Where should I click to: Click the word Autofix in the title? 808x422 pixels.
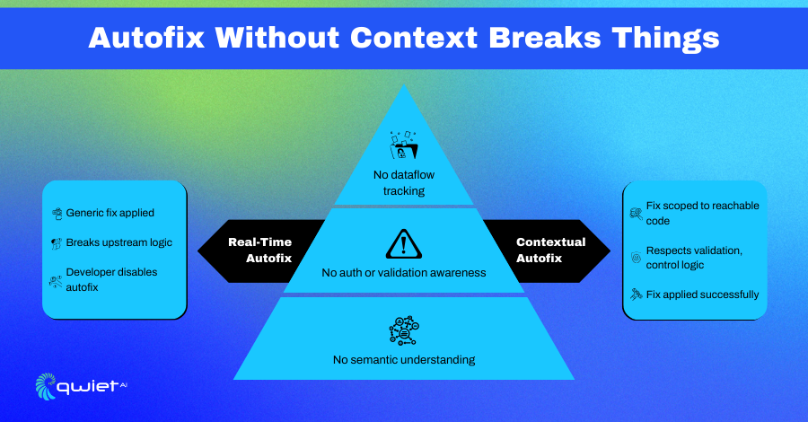[x=147, y=38]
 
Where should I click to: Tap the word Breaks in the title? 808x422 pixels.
[x=545, y=38]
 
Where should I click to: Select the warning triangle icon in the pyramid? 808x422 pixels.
[x=404, y=244]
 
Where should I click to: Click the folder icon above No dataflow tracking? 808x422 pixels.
[x=404, y=145]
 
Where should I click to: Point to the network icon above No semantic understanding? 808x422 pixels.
[x=404, y=330]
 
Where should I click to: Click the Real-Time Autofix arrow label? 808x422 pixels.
[x=260, y=250]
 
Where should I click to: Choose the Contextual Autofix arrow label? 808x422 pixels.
[x=551, y=250]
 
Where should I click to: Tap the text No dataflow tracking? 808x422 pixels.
[x=404, y=183]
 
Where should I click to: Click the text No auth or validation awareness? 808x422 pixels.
[x=404, y=273]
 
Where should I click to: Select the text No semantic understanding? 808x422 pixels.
[x=404, y=360]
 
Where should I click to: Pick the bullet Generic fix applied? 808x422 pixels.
[x=110, y=213]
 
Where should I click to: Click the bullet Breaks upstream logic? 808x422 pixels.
[x=119, y=242]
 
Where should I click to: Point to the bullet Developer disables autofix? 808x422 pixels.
[x=112, y=279]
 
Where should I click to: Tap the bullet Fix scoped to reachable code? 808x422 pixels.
[x=702, y=213]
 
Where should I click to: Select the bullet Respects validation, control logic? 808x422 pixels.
[x=694, y=258]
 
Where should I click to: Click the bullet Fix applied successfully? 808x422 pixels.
[x=702, y=295]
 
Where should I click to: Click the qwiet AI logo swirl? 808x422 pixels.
[x=46, y=386]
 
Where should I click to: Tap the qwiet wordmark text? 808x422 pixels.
[x=88, y=386]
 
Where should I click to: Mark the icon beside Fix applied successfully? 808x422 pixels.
[x=637, y=295]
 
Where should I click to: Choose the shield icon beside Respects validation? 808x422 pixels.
[x=637, y=257]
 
